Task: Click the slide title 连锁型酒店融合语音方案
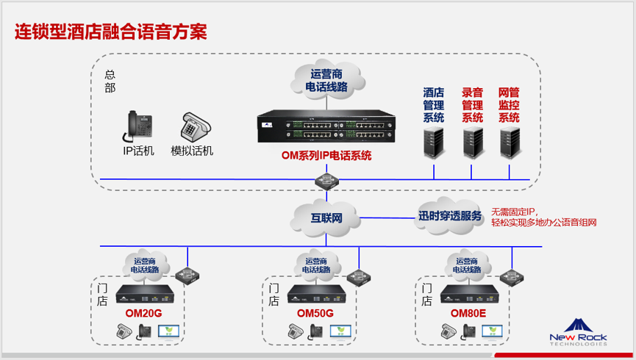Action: click(x=111, y=32)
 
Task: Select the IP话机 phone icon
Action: click(x=137, y=126)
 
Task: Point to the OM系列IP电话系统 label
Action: click(x=326, y=156)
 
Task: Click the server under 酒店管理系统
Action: click(x=434, y=141)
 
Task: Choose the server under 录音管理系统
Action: click(x=472, y=141)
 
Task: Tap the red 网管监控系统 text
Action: click(x=509, y=105)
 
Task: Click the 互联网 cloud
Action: click(x=325, y=217)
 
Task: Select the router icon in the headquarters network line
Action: click(x=325, y=180)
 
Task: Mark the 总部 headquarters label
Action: click(x=110, y=81)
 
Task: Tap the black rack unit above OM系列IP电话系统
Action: click(x=326, y=129)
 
